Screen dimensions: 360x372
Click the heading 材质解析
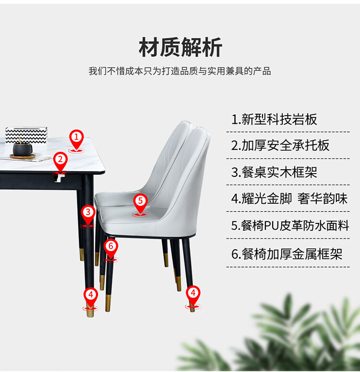click(x=180, y=47)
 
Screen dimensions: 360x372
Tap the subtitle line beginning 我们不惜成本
click(x=180, y=71)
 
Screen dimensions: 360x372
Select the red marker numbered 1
click(x=76, y=140)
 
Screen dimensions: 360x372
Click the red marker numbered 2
click(x=60, y=162)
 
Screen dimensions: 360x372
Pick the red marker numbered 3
click(x=88, y=215)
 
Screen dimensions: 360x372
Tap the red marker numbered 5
click(x=140, y=204)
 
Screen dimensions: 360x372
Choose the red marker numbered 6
click(x=111, y=249)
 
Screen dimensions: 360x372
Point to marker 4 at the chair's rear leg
click(x=193, y=296)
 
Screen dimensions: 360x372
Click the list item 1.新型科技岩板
click(x=274, y=119)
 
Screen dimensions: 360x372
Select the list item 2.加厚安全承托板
click(x=280, y=145)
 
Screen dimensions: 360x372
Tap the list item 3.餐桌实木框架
click(x=274, y=172)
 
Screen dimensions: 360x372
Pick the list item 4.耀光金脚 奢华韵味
click(x=289, y=198)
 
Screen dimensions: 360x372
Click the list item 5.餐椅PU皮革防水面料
click(x=290, y=225)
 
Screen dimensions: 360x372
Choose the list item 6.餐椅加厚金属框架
click(x=287, y=254)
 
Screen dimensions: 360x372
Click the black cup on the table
click(x=23, y=149)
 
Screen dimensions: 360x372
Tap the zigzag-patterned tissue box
click(x=26, y=135)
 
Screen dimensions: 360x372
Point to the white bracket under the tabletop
click(x=60, y=178)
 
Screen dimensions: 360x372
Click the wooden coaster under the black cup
click(x=23, y=156)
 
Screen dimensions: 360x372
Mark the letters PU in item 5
click(x=271, y=226)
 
